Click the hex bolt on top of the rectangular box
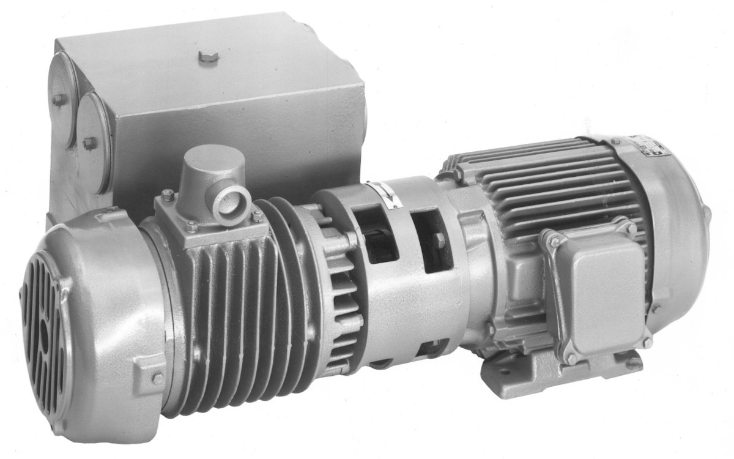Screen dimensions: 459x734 pos(209,57)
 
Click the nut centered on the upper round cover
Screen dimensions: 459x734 pos(59,99)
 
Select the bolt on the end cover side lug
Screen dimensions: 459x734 pos(157,378)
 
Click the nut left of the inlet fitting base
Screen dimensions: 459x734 pos(168,195)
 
